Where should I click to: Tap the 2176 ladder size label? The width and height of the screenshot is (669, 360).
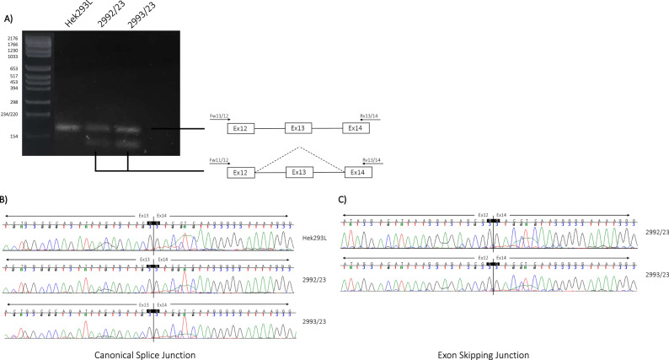(x=13, y=39)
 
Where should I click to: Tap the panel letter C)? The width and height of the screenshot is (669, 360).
(x=340, y=199)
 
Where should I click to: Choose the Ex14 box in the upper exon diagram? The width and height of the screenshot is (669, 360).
(x=355, y=128)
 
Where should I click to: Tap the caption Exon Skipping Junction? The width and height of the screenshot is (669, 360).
(x=489, y=354)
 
